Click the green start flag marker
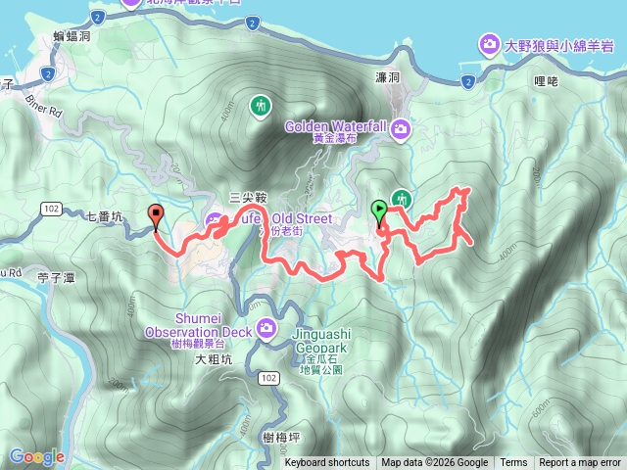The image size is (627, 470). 379,209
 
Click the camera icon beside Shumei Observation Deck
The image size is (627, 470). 265,327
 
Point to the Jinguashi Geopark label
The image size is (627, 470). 317,339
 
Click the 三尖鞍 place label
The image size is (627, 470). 248,196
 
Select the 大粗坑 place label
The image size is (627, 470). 214,359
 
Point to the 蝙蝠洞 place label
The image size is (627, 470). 72,36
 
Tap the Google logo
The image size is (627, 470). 37,456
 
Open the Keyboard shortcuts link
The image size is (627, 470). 327,463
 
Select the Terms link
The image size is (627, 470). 513,463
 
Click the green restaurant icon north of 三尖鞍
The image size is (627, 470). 260,105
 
